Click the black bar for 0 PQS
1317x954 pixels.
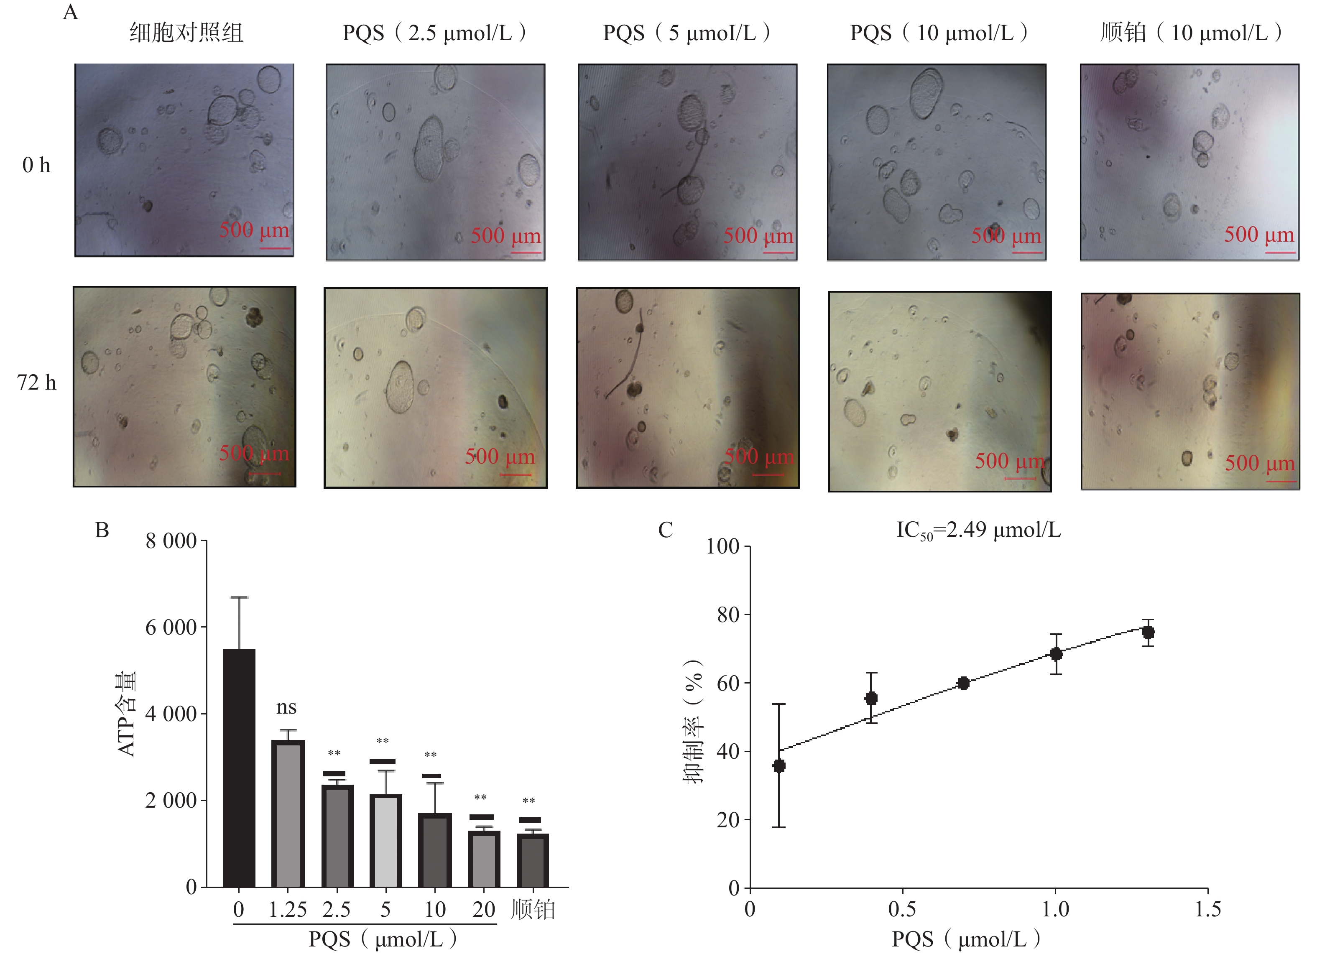[x=239, y=768]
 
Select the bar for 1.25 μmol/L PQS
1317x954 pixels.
[x=288, y=814]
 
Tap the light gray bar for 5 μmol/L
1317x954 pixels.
[x=385, y=841]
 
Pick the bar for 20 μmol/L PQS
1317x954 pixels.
[x=484, y=859]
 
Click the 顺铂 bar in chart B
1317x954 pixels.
[x=533, y=860]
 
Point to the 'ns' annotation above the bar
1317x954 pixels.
[x=286, y=707]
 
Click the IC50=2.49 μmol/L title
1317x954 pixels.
[x=978, y=530]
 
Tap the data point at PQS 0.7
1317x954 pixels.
[x=963, y=683]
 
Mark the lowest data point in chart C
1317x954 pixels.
[x=779, y=766]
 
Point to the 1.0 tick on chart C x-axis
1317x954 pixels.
[x=1055, y=909]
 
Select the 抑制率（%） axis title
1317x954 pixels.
[x=693, y=722]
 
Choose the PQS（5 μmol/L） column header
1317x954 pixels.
[x=687, y=33]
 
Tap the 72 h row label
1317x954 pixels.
[x=37, y=383]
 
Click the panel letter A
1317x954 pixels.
[x=70, y=12]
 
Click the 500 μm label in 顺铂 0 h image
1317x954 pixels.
[x=1259, y=235]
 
